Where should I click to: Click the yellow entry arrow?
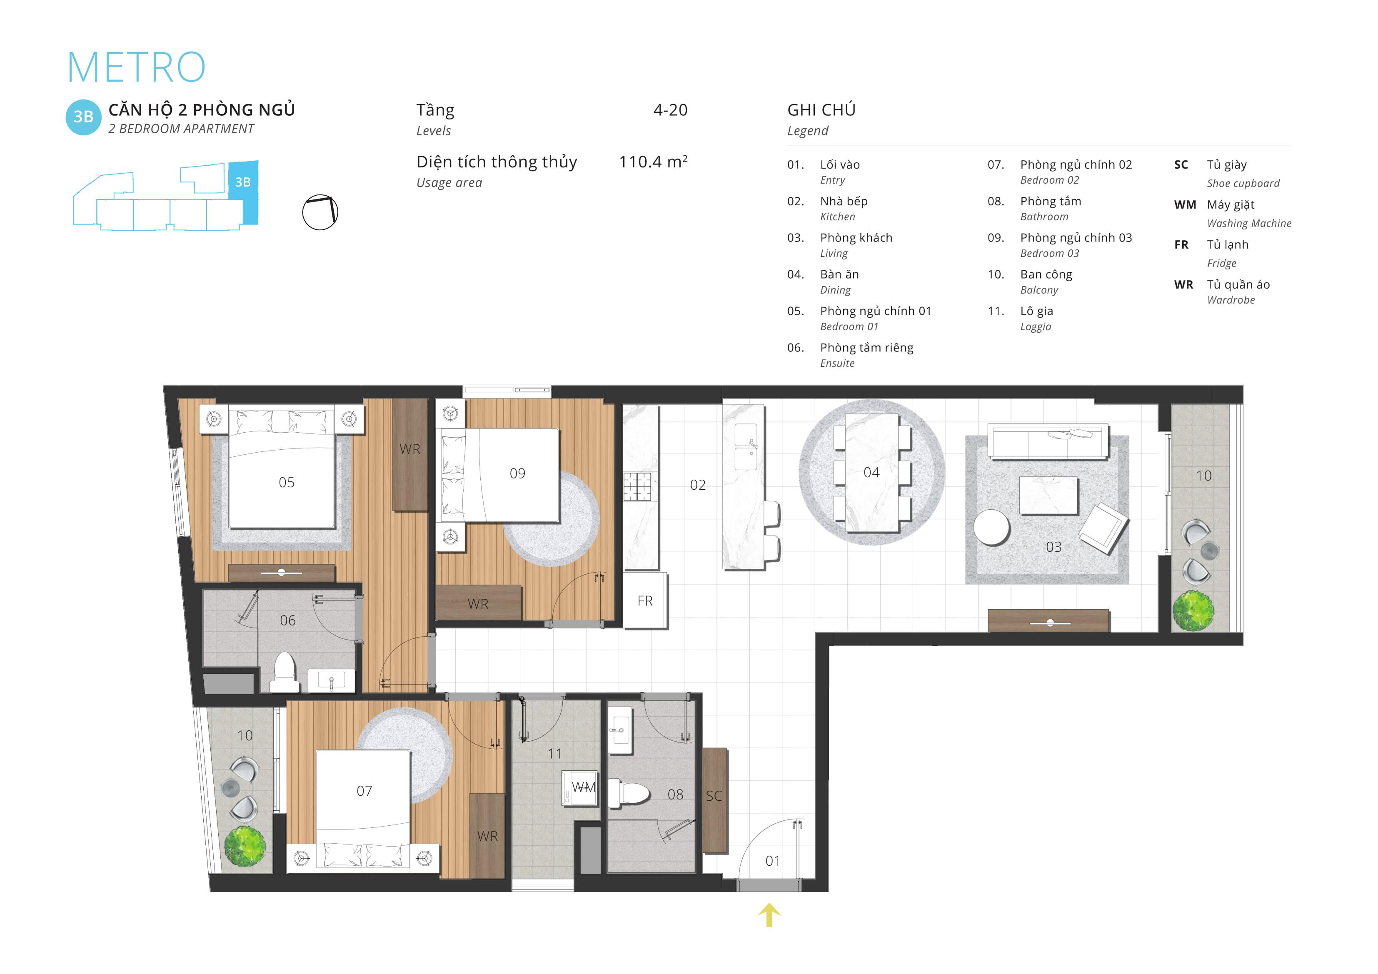point(769,915)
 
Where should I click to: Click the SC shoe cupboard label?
point(714,796)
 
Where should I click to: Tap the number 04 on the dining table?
point(871,472)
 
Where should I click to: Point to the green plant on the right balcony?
point(1193,610)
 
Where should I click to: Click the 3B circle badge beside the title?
point(83,117)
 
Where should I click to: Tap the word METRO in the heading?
point(136,67)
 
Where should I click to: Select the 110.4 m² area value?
point(653,162)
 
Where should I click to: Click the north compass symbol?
point(320,212)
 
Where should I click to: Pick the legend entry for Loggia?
point(1036,318)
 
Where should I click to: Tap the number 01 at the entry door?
point(773,861)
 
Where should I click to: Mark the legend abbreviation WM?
point(1185,204)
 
